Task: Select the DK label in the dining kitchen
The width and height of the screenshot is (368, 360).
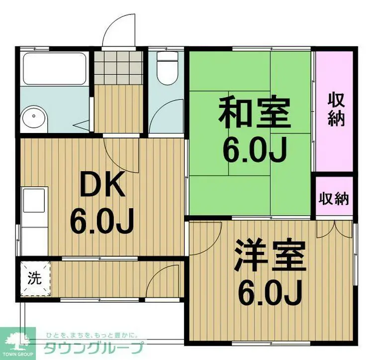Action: tap(102, 187)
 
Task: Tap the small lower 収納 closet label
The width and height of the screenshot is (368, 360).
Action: tap(334, 199)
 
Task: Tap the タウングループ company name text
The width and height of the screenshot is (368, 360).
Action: tap(94, 347)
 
